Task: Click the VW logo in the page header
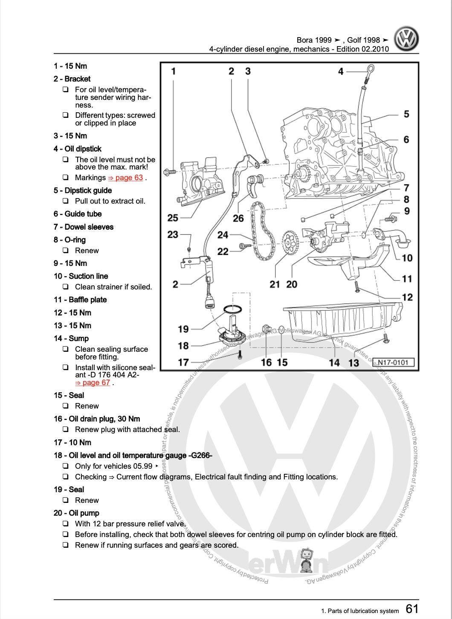pos(406,39)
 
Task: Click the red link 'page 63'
pos(126,178)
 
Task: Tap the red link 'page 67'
pos(93,382)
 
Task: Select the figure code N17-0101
pos(393,363)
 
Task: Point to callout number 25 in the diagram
pos(173,218)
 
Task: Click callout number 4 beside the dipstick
pos(341,71)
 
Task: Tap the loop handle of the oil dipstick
pos(371,69)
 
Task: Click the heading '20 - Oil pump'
pos(76,513)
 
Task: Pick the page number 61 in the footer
pos(412,608)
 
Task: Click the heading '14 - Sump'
pos(71,339)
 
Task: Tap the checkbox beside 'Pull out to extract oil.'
pos(66,201)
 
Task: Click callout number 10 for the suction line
pos(407,258)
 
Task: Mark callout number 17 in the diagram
pos(183,362)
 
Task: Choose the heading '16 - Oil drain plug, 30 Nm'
pos(97,419)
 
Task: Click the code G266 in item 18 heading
pos(200,455)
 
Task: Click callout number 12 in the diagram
pos(407,297)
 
